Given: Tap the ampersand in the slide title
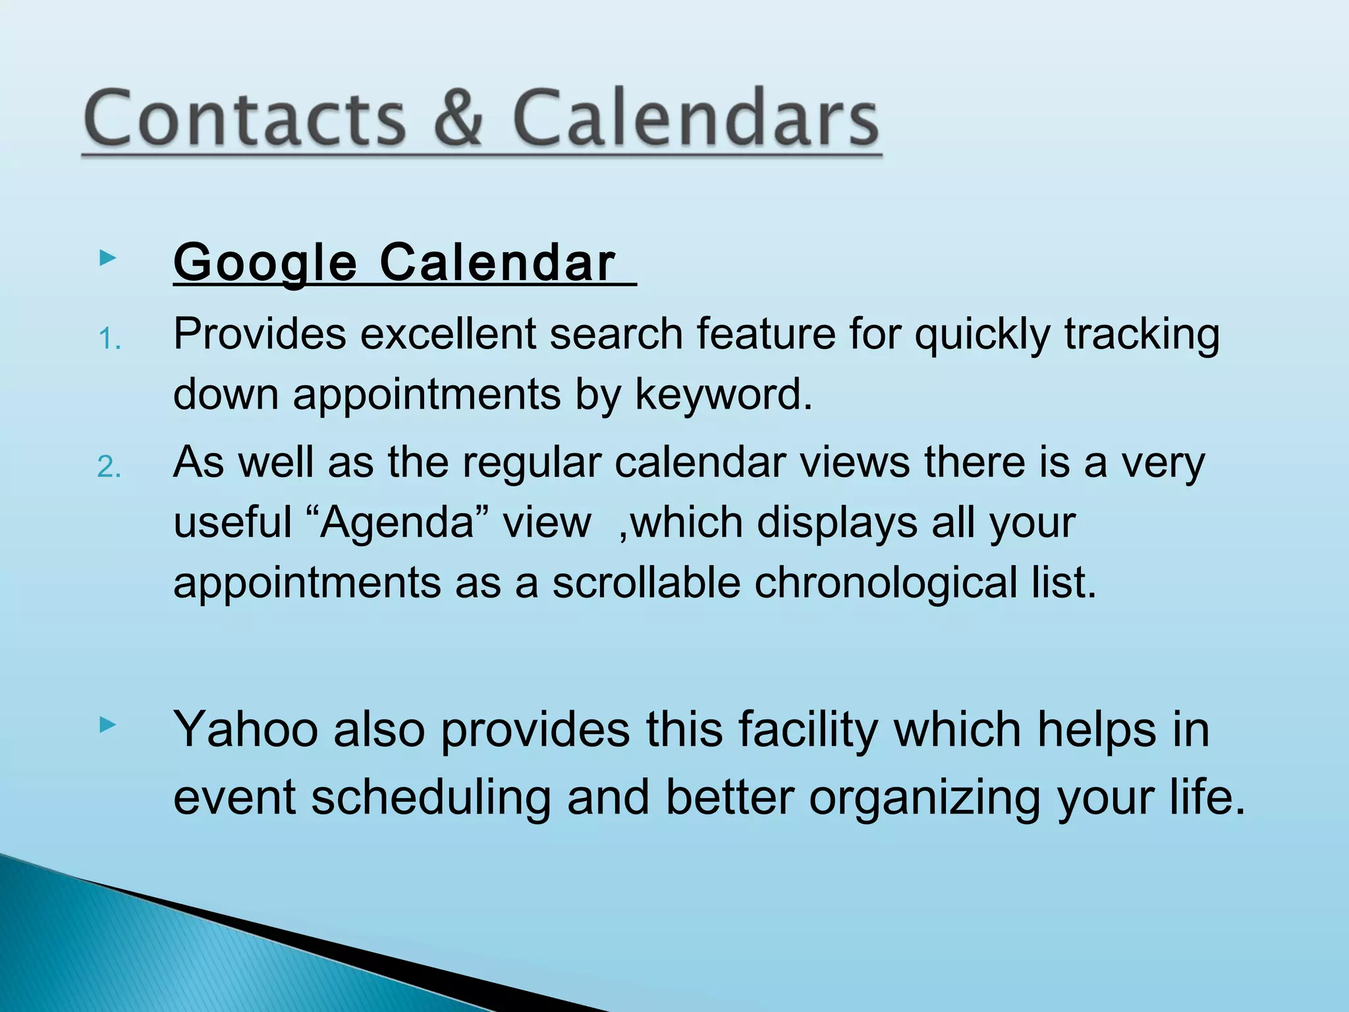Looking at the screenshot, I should (459, 119).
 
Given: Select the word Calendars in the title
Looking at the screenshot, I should (696, 119).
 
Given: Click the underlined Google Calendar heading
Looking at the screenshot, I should (395, 263).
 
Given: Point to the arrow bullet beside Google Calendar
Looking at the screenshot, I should (107, 258).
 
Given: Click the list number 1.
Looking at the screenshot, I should (109, 340).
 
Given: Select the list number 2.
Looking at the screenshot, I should (109, 468).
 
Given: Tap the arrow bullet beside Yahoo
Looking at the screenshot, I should (107, 725).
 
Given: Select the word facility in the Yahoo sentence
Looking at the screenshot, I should (808, 730).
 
